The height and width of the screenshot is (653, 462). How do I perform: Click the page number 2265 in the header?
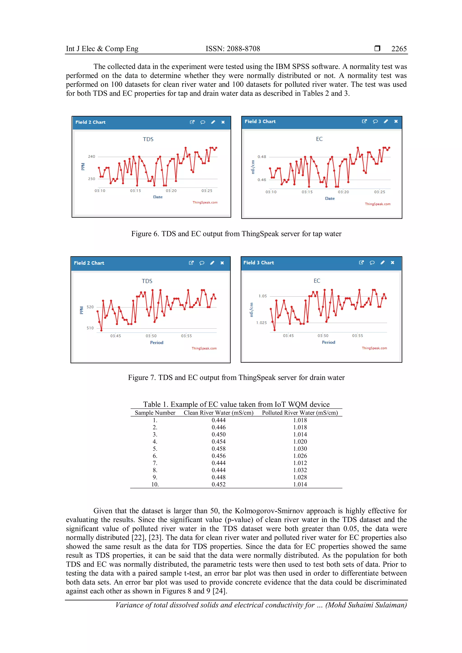tap(399, 49)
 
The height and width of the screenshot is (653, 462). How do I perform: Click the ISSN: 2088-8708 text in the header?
tap(233, 49)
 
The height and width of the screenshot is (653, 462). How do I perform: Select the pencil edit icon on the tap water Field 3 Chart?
tap(386, 122)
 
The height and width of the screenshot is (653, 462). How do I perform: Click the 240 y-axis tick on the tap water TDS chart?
tap(92, 156)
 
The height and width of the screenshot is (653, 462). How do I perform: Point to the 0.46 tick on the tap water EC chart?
tap(262, 180)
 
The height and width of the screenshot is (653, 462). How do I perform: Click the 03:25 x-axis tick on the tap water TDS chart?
tap(207, 191)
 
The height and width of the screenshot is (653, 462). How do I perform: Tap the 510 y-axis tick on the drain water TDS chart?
tap(90, 328)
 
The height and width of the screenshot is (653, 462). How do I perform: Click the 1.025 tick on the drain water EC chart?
tap(261, 322)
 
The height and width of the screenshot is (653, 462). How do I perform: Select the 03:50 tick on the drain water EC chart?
tap(323, 336)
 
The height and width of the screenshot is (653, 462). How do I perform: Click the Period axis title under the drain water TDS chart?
tap(157, 343)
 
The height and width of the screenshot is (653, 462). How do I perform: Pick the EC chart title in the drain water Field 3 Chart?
tap(317, 281)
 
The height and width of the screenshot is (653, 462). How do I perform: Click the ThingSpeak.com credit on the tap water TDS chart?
tap(205, 202)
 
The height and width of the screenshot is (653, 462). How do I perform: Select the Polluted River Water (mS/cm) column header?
tap(300, 413)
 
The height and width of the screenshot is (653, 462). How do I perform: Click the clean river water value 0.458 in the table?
tap(219, 448)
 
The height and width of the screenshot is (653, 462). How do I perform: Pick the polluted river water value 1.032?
tap(300, 470)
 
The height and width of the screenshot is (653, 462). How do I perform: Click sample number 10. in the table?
tap(155, 484)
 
